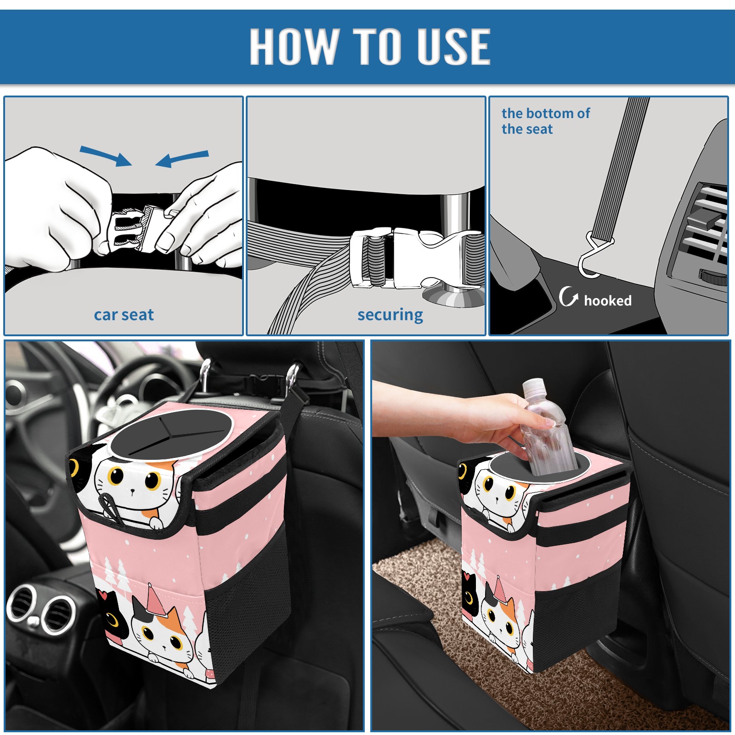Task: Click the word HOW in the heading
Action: [294, 46]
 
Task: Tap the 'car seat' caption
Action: [124, 315]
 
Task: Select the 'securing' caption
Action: [390, 315]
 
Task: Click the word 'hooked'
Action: [607, 301]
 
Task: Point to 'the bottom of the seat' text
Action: [545, 121]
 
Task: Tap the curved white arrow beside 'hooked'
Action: [568, 296]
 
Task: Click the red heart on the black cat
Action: [102, 595]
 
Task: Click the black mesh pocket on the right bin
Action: [583, 616]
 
